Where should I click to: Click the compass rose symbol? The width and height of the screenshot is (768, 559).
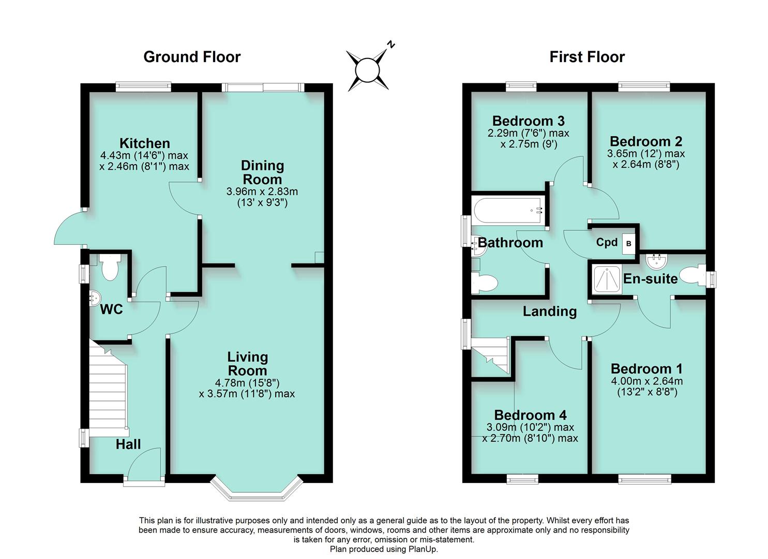tap(368, 70)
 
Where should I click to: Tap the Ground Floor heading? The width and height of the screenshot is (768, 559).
tap(192, 57)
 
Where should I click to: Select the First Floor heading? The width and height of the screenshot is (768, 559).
tap(587, 57)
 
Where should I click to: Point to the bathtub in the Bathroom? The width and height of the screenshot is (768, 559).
tap(508, 211)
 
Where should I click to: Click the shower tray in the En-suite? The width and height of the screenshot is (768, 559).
tap(607, 279)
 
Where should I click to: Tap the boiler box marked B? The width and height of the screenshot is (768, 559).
tap(629, 243)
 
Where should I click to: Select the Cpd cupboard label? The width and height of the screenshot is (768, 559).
tap(607, 242)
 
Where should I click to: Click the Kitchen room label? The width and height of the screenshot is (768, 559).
tap(144, 143)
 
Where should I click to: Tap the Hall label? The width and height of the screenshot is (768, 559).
tap(128, 444)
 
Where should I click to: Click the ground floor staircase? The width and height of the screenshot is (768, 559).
tap(109, 388)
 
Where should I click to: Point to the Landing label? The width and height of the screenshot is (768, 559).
tap(549, 311)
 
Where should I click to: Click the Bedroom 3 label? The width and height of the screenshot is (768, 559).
tap(528, 121)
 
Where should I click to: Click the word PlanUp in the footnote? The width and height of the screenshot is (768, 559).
tap(423, 549)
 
